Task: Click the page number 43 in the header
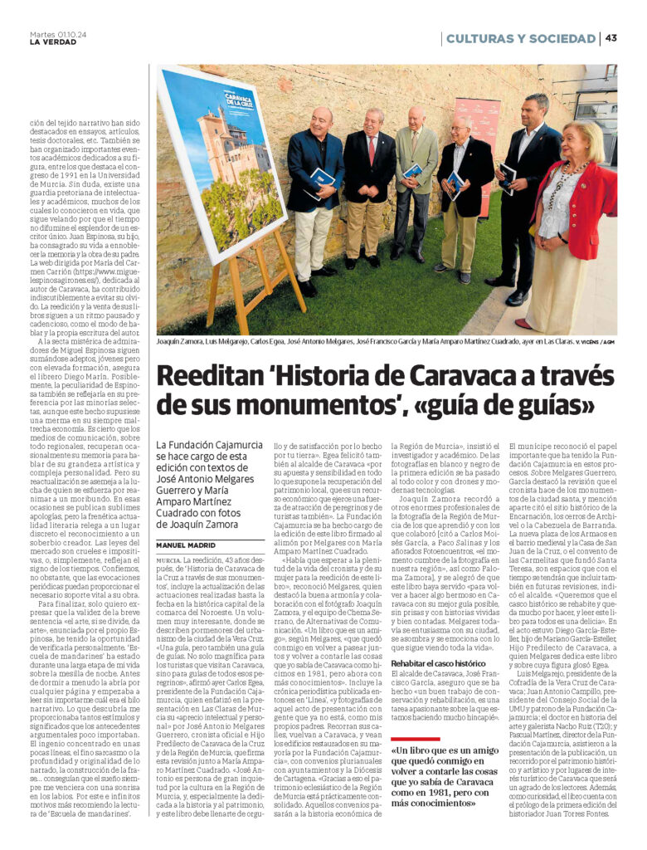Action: (611, 38)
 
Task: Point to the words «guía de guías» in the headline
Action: (525, 406)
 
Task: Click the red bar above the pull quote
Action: (415, 739)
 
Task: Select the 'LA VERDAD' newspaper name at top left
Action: (52, 43)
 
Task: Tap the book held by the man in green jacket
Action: (412, 172)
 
